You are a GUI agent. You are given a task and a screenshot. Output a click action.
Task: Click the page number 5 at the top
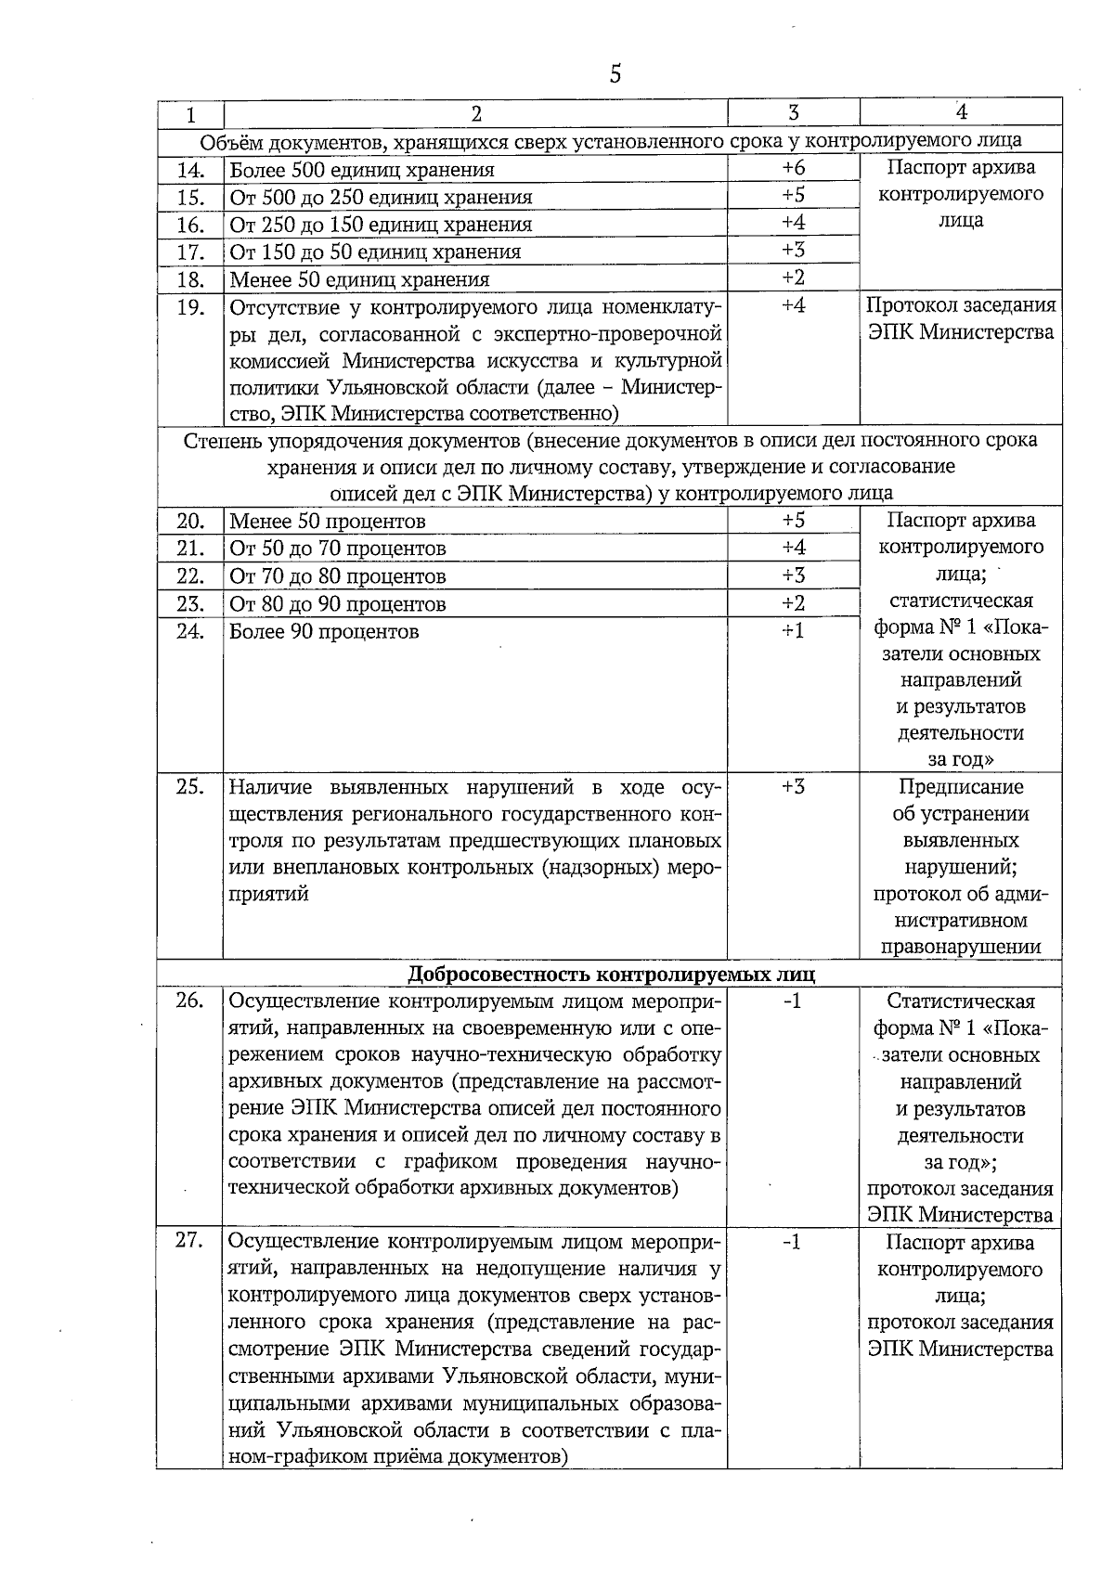coord(615,74)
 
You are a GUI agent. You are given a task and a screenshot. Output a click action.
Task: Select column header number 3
coord(793,113)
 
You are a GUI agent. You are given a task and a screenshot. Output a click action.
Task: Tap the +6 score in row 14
coord(793,168)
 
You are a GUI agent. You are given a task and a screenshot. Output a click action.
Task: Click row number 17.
coord(190,252)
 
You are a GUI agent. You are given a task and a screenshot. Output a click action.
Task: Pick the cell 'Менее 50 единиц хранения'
coord(359,279)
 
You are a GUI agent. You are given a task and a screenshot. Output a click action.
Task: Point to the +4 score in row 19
coord(793,305)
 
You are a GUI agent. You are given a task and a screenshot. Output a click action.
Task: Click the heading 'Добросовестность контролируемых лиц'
coord(612,974)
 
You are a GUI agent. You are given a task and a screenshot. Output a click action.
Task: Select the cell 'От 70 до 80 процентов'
coord(338,576)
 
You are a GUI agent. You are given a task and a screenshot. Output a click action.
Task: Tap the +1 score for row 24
coord(793,631)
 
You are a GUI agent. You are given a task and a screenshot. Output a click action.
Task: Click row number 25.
coord(190,787)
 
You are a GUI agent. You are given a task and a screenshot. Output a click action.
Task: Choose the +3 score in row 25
coord(793,787)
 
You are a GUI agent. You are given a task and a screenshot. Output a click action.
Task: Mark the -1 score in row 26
coord(793,1001)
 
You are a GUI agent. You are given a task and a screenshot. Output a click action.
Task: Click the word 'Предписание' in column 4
coord(961,787)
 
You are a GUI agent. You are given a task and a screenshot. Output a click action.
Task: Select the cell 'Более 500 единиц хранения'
coord(362,170)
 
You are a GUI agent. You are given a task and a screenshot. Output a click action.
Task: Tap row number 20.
coord(190,522)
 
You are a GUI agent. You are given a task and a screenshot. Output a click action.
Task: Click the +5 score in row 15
coord(793,196)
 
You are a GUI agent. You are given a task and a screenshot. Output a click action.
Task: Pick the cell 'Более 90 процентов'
coord(324,632)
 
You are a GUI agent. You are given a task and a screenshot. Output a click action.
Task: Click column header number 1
coord(190,115)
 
